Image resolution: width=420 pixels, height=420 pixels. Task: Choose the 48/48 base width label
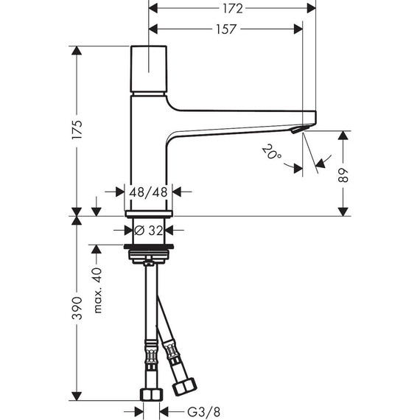151,192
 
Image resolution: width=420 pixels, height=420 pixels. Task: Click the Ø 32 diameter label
151,229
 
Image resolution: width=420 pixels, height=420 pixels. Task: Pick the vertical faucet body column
151,147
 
